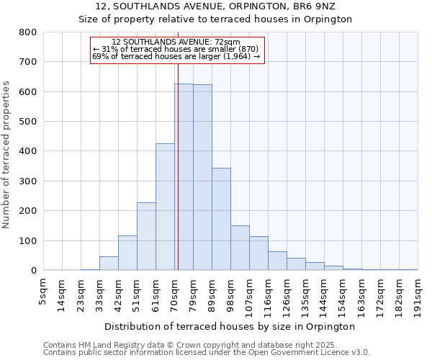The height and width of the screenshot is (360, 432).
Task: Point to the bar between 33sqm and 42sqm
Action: [109, 264]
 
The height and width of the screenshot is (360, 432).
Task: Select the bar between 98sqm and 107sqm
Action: [240, 248]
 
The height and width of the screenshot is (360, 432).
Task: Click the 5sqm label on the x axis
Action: [43, 292]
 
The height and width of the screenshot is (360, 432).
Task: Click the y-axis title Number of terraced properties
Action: [6, 155]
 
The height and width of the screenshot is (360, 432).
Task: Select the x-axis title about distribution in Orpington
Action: [230, 326]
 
